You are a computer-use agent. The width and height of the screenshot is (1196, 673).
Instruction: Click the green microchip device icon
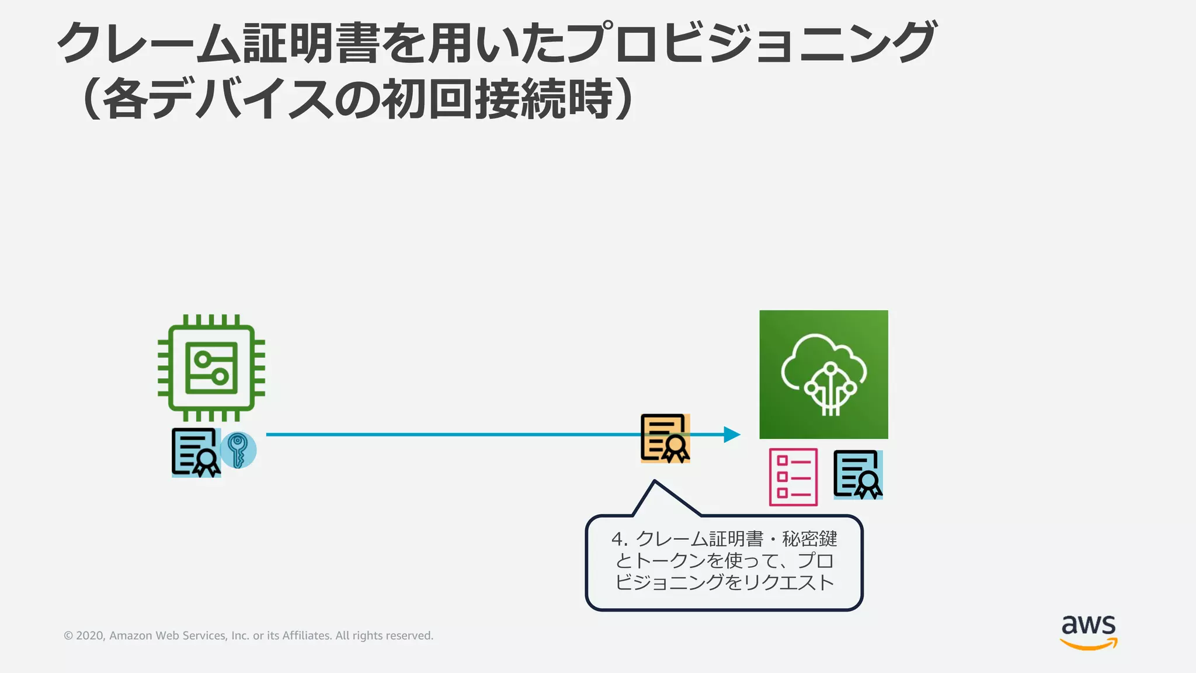tap(211, 368)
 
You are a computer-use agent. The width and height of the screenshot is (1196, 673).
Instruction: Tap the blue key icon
tap(238, 450)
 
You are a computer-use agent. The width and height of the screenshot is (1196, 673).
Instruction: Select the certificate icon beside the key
tap(196, 453)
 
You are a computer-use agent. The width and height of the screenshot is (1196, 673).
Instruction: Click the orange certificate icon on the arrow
tap(665, 438)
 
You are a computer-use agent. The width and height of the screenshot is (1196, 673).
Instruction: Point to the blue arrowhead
tap(732, 435)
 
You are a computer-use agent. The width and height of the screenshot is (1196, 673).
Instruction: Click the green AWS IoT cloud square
tap(823, 374)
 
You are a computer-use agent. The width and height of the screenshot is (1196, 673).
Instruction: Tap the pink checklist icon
tap(793, 477)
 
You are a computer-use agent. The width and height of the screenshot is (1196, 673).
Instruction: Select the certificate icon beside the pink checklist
tap(857, 474)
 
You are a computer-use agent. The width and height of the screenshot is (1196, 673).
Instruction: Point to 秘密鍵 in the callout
tap(810, 538)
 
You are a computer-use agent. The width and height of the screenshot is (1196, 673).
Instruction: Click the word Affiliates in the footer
tap(307, 636)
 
